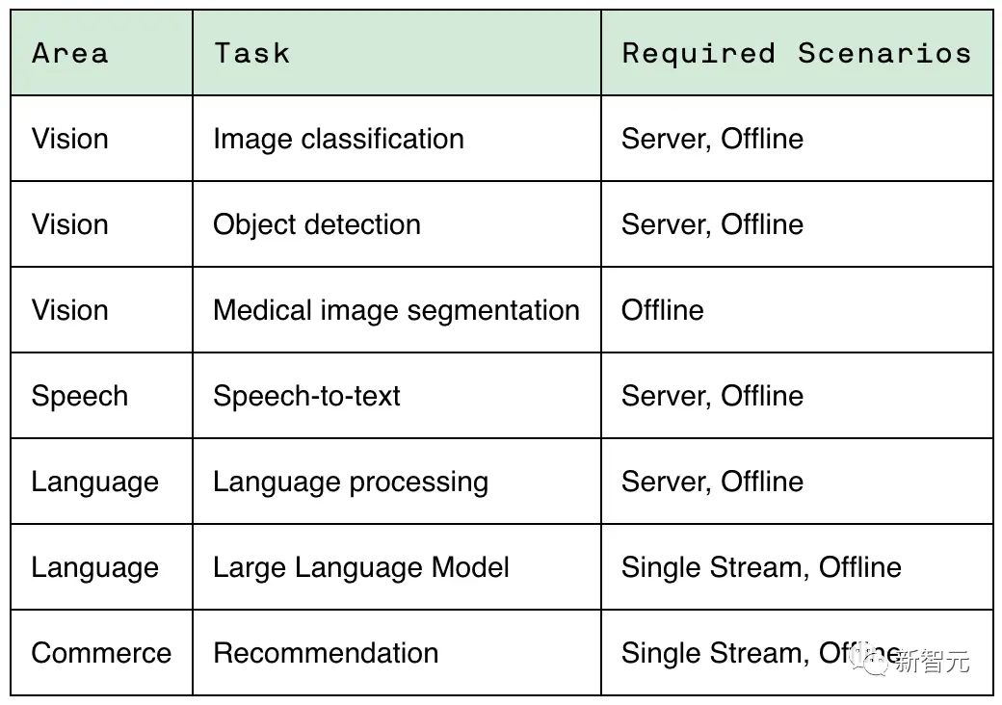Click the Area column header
pos(70,53)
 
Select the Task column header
pos(251,53)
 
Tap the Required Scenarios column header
pos(797,54)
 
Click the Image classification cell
pos(339,140)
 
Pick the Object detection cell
pos(317,224)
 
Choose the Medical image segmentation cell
pos(396,310)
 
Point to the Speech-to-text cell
pos(306,396)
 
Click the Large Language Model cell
pos(361,567)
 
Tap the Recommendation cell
pos(326,653)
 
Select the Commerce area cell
pos(101,653)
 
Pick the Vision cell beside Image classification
pos(70,139)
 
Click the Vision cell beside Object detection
pos(70,224)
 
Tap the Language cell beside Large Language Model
pos(95,567)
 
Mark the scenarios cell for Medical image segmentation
pos(663,310)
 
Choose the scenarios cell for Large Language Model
pos(762,567)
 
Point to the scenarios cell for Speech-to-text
pos(713,396)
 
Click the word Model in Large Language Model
pos(470,567)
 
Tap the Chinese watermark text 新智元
pos(932,662)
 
